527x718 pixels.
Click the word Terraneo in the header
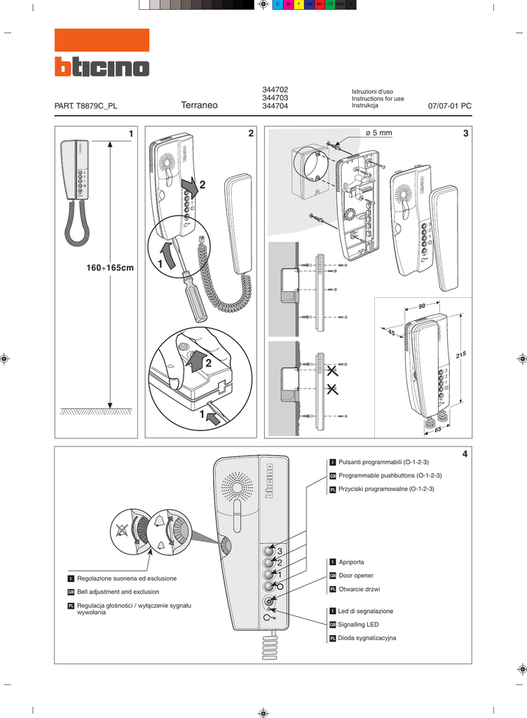pos(200,106)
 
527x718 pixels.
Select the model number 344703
pos(275,98)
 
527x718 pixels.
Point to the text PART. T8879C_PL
pos(86,106)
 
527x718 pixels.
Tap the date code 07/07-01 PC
pos(449,106)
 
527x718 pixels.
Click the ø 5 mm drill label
pos(379,133)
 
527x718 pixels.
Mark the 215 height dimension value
pos(460,355)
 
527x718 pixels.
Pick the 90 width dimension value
pos(421,306)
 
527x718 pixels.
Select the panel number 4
pos(463,454)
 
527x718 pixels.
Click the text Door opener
pos(356,576)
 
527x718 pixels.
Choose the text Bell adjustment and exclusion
pos(118,592)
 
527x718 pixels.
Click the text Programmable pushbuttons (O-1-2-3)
pos(390,475)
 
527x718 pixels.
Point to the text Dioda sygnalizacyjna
pos(367,638)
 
